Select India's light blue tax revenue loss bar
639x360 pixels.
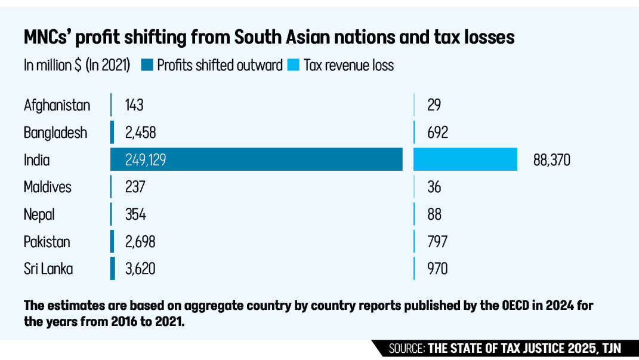click(465, 159)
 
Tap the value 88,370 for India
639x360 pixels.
click(552, 160)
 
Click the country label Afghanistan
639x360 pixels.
click(57, 106)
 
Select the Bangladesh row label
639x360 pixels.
click(55, 133)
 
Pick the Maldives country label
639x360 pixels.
click(48, 187)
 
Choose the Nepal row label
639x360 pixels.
click(39, 214)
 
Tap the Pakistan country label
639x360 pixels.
click(47, 242)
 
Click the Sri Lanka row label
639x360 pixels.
click(48, 269)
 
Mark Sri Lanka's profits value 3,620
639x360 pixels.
click(140, 269)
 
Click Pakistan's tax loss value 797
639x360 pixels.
click(437, 242)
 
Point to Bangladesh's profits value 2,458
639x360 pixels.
click(140, 133)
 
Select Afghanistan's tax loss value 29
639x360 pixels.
click(434, 106)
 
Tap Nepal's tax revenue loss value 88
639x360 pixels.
click(434, 214)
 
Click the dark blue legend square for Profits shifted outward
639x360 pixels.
click(147, 65)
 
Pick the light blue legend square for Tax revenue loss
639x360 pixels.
click(294, 65)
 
